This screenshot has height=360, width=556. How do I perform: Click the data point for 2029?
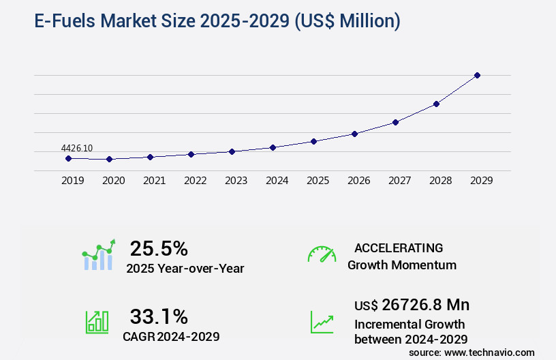[477, 75]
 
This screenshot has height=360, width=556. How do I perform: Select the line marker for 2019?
[68, 158]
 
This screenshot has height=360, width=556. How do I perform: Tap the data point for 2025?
[313, 141]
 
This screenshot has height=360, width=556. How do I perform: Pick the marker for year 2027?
[395, 122]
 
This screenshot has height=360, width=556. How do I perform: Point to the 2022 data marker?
[191, 154]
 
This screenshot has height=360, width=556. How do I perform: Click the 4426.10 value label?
[76, 148]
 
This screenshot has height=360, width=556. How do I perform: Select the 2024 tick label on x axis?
[277, 181]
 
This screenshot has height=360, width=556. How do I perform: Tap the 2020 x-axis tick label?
[113, 181]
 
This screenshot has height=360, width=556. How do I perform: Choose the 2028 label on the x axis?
[440, 181]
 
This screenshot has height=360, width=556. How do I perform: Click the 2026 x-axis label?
[358, 181]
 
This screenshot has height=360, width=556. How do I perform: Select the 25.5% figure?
[159, 248]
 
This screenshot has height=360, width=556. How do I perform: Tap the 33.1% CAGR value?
[159, 316]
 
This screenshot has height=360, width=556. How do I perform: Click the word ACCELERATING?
[399, 248]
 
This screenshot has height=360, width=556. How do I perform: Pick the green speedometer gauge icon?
[322, 254]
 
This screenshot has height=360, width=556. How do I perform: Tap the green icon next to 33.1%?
[96, 322]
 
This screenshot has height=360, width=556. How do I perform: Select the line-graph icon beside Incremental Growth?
[322, 322]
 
